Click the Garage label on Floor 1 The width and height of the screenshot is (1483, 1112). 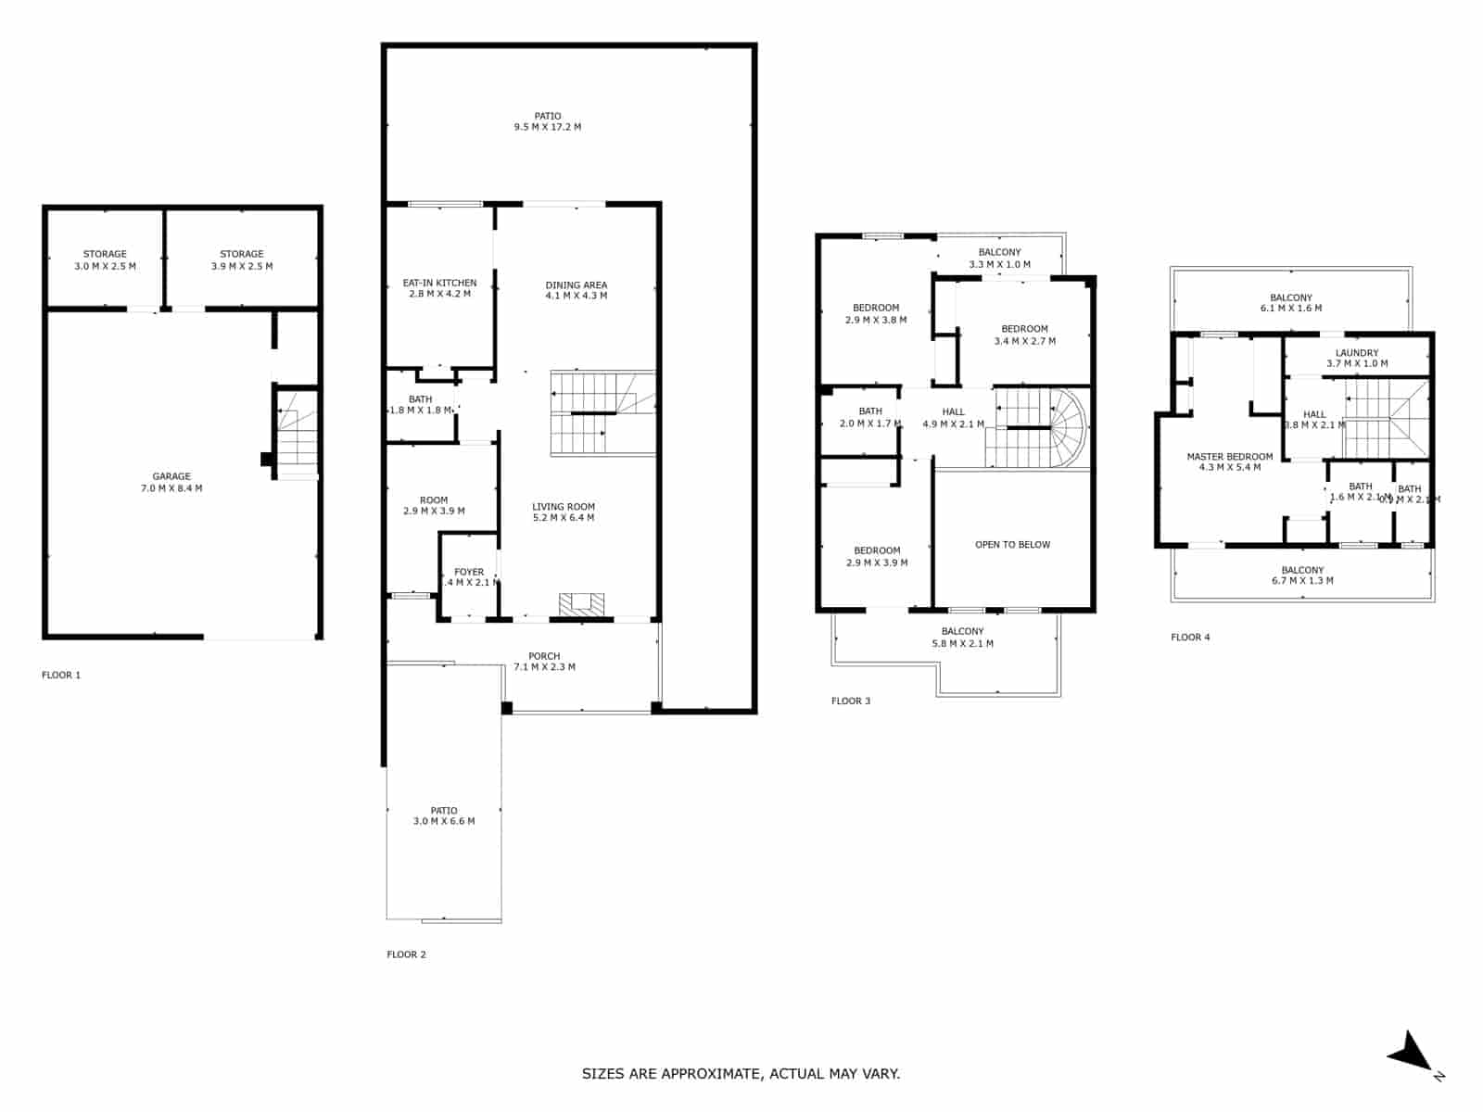tap(171, 476)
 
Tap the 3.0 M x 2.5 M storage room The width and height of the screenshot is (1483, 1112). tap(105, 259)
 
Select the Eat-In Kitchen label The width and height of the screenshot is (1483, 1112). tap(439, 283)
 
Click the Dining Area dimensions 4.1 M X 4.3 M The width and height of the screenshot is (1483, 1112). tap(576, 296)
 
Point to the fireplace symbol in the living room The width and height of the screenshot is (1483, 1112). tap(581, 603)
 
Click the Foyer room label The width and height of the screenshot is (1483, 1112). tap(469, 572)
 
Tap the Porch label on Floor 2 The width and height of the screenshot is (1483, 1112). tap(544, 656)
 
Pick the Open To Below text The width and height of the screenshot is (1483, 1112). tap(1012, 545)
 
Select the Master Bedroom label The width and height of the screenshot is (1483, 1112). tap(1229, 457)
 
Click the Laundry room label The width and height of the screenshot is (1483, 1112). tap(1357, 353)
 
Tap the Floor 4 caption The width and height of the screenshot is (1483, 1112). tap(1190, 638)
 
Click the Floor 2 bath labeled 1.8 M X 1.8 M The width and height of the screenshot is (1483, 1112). tap(420, 405)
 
